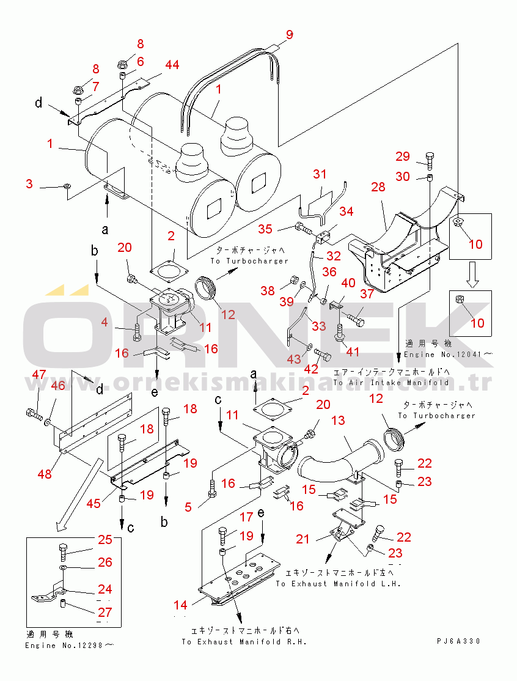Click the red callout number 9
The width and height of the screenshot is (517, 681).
(x=289, y=34)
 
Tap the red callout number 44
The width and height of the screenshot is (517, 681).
(x=172, y=65)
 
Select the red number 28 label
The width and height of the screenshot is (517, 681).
(x=378, y=186)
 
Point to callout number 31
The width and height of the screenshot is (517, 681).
(x=320, y=174)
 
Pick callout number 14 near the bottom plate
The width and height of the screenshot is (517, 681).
(x=180, y=605)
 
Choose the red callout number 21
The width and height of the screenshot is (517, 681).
(x=303, y=539)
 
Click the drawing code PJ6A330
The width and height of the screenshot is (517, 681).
(x=459, y=641)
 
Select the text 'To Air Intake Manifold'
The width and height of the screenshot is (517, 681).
(x=391, y=383)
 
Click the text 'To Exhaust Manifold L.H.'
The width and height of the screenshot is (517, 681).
(x=337, y=584)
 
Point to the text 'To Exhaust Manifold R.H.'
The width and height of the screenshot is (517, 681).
(x=244, y=642)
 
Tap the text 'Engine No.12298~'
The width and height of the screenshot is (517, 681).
(x=70, y=646)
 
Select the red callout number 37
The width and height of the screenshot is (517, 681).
(x=366, y=295)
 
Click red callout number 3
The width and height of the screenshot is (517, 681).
(x=29, y=184)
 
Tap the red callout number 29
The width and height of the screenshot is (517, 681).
(x=402, y=156)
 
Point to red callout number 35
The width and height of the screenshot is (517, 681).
(x=265, y=229)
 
